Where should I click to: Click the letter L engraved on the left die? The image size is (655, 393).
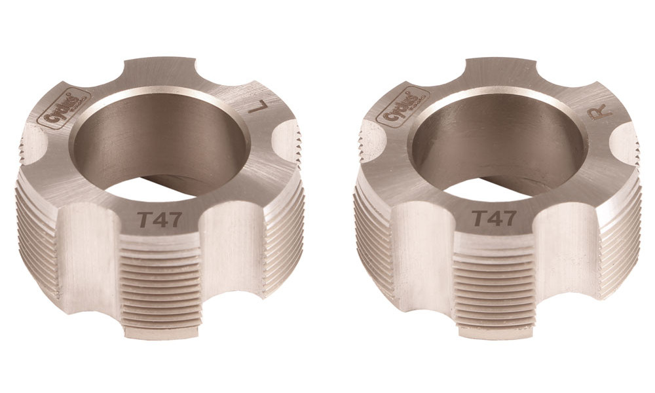257,107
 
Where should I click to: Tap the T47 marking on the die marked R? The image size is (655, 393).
493,219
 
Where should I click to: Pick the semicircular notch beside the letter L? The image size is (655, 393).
287,141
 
